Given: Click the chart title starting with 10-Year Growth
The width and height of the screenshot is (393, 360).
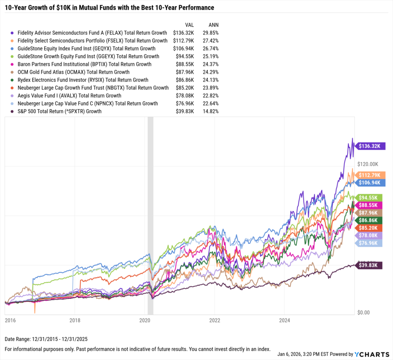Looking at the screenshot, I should pos(109,8).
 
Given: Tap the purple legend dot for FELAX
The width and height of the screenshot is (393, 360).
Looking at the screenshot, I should pos(13,33).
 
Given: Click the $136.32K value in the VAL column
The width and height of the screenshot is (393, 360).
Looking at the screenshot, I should pos(184,33).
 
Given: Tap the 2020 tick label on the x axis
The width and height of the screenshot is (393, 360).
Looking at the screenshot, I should pos(145,320).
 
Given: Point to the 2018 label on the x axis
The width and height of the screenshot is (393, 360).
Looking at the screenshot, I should pos(75,320).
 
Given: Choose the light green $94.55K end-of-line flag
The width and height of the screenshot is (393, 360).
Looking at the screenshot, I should pos(370,197).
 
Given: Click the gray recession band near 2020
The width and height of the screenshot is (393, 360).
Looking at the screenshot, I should pos(150,215).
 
